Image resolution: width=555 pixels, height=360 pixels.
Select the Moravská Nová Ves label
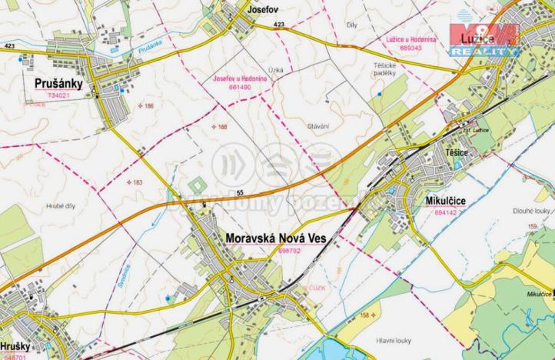(276, 239)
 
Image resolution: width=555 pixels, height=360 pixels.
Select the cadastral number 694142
(449, 212)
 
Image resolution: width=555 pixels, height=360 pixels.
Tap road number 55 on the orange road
(240, 191)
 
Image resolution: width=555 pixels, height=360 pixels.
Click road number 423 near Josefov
(278, 25)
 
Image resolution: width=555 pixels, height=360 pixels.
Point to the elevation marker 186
(145, 105)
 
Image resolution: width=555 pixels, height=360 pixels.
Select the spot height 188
(220, 126)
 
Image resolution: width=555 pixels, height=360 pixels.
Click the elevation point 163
(135, 182)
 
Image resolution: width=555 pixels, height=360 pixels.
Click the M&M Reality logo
(484, 38)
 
